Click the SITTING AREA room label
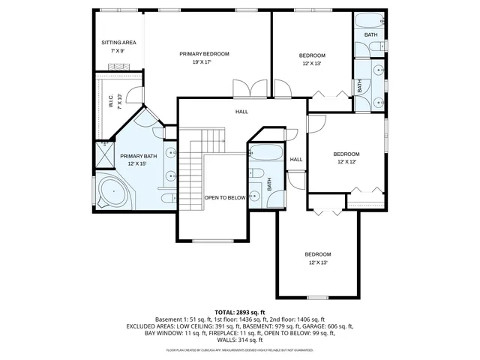118,43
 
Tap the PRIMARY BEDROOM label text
204,54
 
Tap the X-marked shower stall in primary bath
102,154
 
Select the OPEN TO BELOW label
225,198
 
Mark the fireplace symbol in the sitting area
118,67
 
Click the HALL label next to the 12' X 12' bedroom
296,159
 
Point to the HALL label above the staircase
241,112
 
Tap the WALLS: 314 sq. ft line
240,339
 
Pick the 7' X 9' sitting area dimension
118,51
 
